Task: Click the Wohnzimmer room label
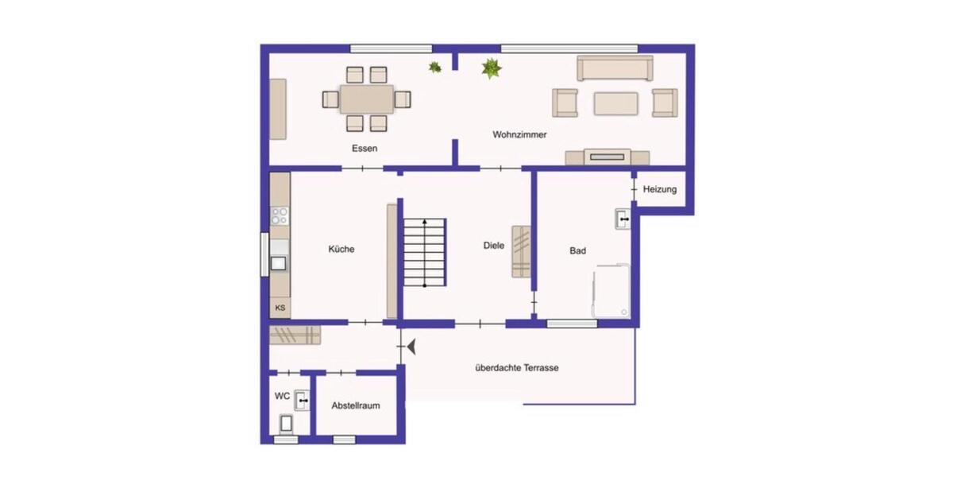[519, 135]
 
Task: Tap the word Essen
[365, 149]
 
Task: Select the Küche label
[341, 249]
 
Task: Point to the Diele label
[494, 246]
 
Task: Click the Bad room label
[577, 250]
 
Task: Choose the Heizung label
[659, 189]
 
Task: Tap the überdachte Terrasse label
[517, 368]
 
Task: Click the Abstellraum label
[355, 405]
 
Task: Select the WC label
[282, 395]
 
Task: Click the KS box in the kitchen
[280, 308]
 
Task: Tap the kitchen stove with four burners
[280, 215]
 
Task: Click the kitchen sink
[280, 263]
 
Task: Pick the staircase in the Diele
[425, 253]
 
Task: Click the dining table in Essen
[366, 99]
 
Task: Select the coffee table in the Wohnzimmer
[615, 103]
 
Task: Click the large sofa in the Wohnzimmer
[615, 68]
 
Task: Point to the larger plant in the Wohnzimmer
[492, 69]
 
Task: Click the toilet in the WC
[286, 424]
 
